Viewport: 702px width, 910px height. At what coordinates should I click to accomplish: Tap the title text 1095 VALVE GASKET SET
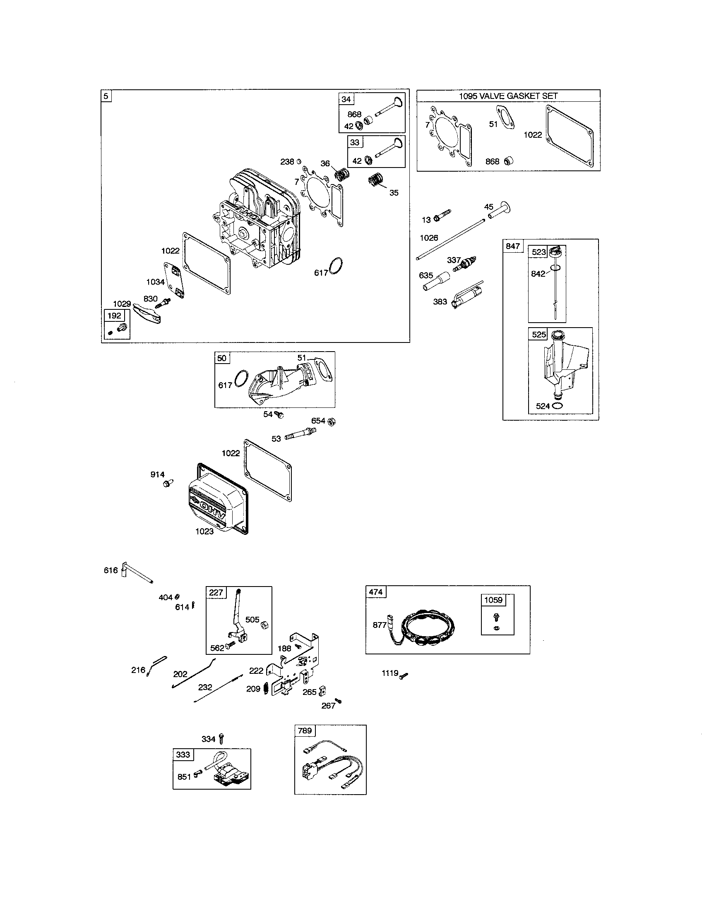[508, 96]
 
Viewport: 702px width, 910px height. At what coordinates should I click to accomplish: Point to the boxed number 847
[512, 246]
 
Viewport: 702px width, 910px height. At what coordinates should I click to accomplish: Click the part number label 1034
[155, 282]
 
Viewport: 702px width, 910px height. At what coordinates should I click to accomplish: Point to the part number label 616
[111, 570]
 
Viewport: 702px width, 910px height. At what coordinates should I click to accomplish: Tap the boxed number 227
[216, 592]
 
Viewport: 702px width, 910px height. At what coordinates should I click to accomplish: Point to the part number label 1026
[429, 238]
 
